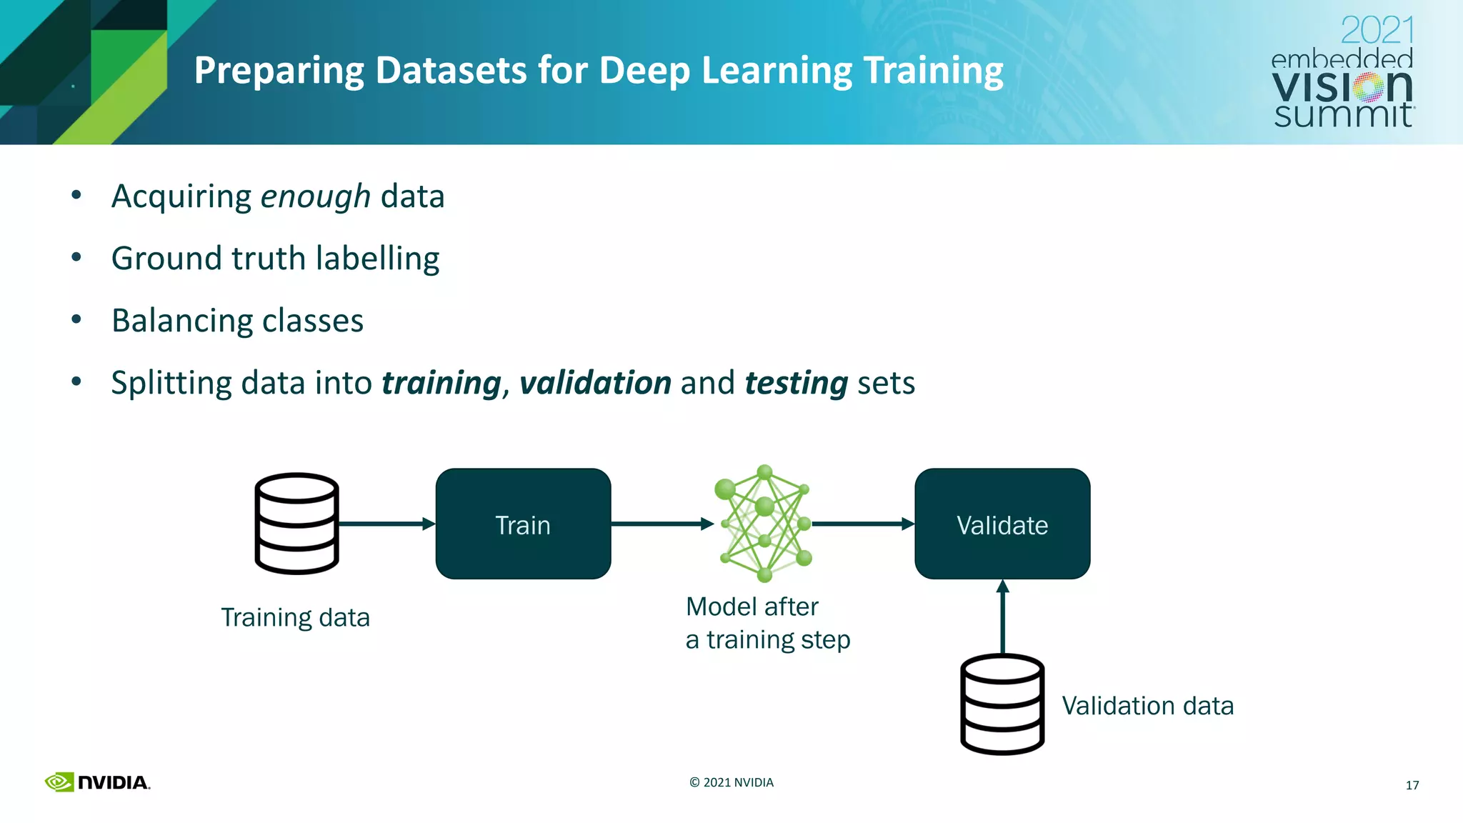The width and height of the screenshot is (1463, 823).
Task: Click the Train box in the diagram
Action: pos(523,524)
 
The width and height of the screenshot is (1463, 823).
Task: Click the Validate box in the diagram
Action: pos(1002,524)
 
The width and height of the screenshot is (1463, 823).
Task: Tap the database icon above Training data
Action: pos(296,524)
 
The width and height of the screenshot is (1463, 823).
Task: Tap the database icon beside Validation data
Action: pos(1002,704)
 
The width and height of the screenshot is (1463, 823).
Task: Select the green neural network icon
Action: pos(764,523)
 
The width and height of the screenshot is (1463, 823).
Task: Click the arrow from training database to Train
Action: pos(386,524)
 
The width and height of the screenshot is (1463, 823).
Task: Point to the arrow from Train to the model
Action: pos(661,524)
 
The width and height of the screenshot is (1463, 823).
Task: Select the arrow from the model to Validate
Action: pos(863,524)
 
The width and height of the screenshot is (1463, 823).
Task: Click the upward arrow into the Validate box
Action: pos(1002,616)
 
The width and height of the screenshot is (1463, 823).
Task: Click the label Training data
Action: pos(295,617)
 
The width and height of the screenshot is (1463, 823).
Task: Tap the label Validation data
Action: pos(1147,706)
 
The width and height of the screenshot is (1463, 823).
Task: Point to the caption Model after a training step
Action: pos(767,623)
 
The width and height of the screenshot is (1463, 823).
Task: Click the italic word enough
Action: pos(315,196)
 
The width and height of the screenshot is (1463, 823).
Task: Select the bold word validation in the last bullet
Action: pos(595,383)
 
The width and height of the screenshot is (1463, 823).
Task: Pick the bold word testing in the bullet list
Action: pos(796,383)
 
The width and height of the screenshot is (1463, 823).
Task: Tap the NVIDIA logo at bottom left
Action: pos(97,782)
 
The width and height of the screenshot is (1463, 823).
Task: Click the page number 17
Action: pos(1412,785)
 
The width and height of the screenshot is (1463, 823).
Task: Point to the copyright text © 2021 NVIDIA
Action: pos(731,782)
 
